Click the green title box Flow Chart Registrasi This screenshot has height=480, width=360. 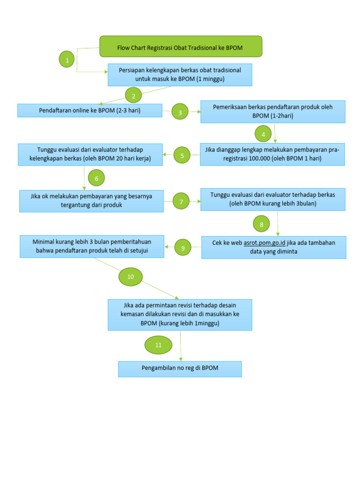(180, 47)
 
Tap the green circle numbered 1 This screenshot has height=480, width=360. (67, 60)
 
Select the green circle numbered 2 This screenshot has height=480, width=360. (134, 96)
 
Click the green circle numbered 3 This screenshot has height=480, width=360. (180, 112)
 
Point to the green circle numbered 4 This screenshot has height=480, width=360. (263, 134)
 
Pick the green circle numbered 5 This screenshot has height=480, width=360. (182, 156)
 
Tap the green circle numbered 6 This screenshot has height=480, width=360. (96, 178)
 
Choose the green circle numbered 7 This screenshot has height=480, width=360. (181, 202)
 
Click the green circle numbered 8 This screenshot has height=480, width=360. (262, 225)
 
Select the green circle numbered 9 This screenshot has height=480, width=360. (183, 247)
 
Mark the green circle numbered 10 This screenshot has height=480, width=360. (130, 277)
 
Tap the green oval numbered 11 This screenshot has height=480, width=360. (158, 345)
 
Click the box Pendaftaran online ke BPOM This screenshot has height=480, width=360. (90, 111)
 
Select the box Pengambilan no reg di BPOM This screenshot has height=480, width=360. (180, 368)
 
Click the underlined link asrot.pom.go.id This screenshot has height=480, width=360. (265, 243)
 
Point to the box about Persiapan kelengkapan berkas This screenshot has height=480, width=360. (180, 75)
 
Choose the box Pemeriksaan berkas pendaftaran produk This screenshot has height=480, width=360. (272, 112)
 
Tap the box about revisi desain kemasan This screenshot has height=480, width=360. (180, 314)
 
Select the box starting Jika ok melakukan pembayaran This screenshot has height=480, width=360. (91, 201)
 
